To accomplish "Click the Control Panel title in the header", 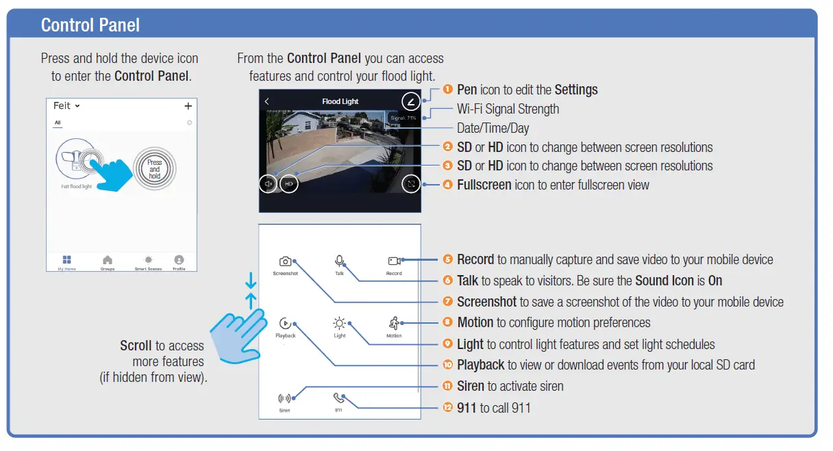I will coord(90,25).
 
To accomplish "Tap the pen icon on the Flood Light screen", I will coord(410,102).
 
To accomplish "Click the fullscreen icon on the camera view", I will coord(410,183).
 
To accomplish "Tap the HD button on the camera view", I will coord(289,183).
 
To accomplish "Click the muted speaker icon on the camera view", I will coord(269,183).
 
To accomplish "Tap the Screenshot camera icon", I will coord(285,261).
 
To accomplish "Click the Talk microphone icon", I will coord(339,261).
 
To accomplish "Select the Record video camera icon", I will coord(394,261).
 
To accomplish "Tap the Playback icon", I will coord(285,323).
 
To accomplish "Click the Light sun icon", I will coord(340,323).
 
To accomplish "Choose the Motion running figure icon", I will coord(395,323).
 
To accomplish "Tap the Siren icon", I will coord(284,398).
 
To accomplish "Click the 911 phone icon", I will coord(338,398).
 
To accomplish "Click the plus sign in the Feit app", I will coord(188,106).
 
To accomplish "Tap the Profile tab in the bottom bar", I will coord(179,261).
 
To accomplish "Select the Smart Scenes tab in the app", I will coord(148,261).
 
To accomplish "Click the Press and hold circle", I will coord(155,169).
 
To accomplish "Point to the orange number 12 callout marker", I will coord(448,408).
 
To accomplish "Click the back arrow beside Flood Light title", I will coord(266,101).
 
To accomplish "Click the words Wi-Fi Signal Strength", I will coord(508,109).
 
